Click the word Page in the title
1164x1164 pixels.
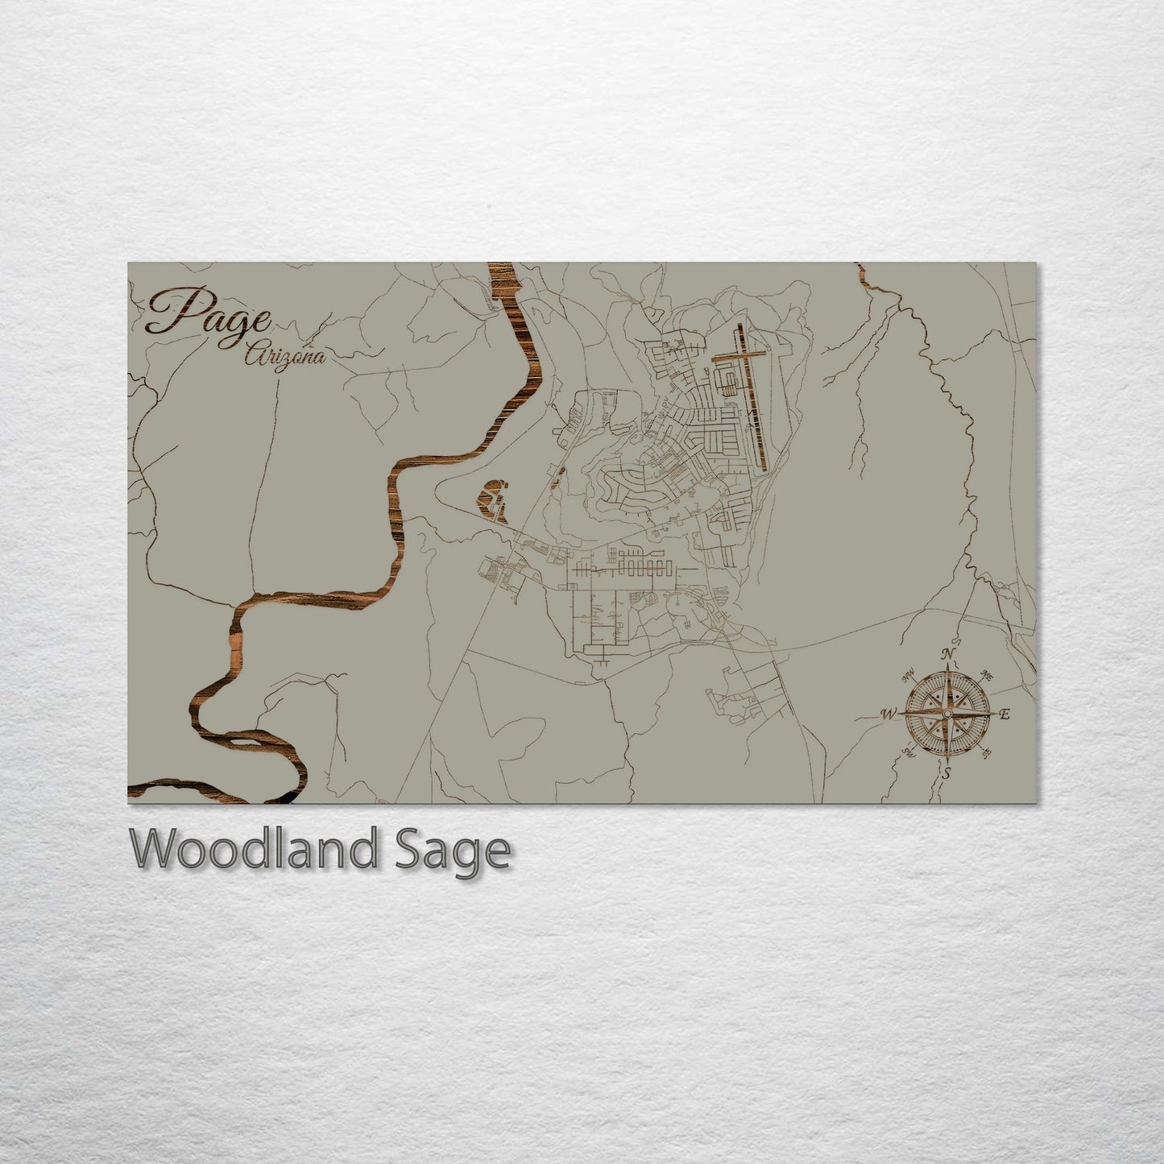(208, 314)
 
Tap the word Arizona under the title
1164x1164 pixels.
(285, 355)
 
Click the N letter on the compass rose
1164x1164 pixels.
(950, 652)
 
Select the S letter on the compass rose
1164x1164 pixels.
(947, 773)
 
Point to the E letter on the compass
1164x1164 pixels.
(1004, 714)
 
